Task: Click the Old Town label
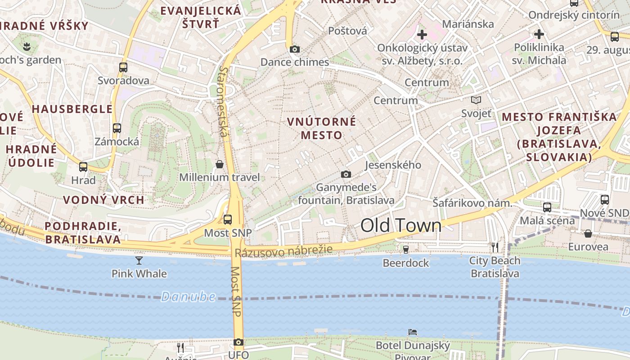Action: (401, 225)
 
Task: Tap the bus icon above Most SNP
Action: (228, 220)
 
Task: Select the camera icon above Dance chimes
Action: (295, 49)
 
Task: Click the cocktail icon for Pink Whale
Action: (139, 260)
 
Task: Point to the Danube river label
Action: (188, 297)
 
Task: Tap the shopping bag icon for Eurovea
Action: (588, 234)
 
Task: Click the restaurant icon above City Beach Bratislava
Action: (495, 247)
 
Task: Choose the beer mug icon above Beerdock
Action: (406, 249)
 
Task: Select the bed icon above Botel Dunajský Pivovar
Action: (413, 332)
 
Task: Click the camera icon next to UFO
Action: (238, 342)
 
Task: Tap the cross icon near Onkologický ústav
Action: (422, 34)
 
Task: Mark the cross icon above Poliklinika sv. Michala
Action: (539, 34)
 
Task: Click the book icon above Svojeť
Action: (476, 100)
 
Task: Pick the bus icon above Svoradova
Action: (123, 67)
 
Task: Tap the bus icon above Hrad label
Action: (83, 167)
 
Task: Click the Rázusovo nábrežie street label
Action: (283, 250)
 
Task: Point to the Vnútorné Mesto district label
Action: (322, 128)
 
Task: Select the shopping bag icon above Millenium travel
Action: (220, 164)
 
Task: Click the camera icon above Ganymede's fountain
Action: (346, 174)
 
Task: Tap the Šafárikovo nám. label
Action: (472, 203)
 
